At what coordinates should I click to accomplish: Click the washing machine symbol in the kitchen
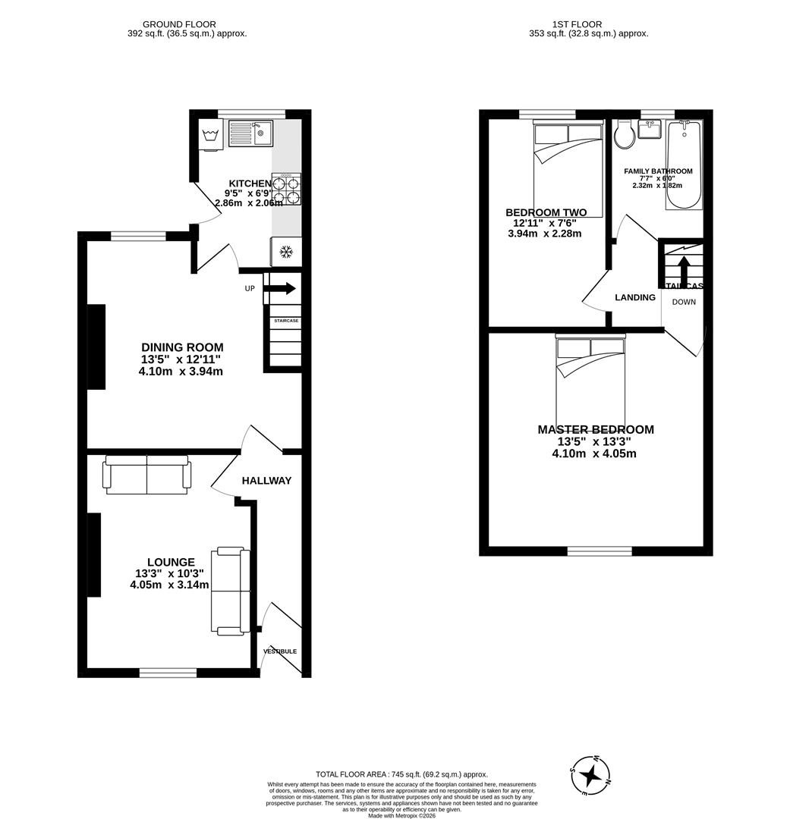pyautogui.click(x=211, y=136)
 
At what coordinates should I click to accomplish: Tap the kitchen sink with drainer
pyautogui.click(x=250, y=133)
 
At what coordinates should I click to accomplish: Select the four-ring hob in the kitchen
pyautogui.click(x=286, y=190)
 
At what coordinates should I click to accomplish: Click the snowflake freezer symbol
pyautogui.click(x=286, y=252)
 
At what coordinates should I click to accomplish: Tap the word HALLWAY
pyautogui.click(x=266, y=481)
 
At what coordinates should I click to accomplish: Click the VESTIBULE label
pyautogui.click(x=280, y=651)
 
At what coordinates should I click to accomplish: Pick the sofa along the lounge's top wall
pyautogui.click(x=146, y=475)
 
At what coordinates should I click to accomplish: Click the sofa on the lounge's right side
pyautogui.click(x=231, y=591)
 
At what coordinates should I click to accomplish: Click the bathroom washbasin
pyautogui.click(x=650, y=130)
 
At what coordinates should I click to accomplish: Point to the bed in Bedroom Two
pyautogui.click(x=568, y=168)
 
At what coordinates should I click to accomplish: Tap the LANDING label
pyautogui.click(x=635, y=298)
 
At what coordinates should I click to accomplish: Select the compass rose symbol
pyautogui.click(x=590, y=775)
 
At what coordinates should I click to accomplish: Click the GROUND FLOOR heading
pyautogui.click(x=179, y=24)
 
